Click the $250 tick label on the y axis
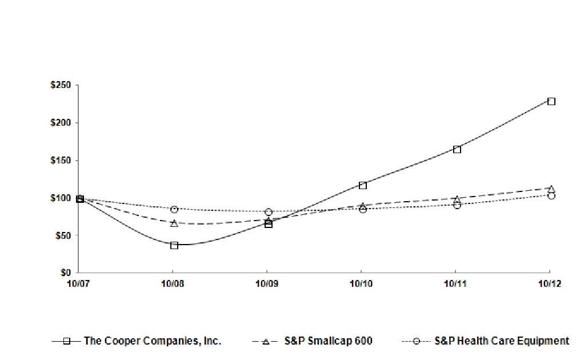tap(60, 86)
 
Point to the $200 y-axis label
tap(60, 123)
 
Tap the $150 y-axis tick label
tap(60, 161)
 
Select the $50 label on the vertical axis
tap(62, 235)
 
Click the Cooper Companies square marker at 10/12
tap(551, 101)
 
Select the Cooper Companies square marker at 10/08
tap(174, 245)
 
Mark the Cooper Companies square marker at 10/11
tap(457, 149)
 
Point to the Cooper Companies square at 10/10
tap(363, 185)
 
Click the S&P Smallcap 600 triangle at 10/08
tap(174, 223)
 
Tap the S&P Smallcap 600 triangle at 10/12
tap(551, 188)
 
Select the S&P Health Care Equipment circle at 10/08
tap(174, 209)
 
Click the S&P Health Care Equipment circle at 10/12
tap(551, 195)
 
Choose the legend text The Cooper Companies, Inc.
tap(153, 341)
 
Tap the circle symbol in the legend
tap(417, 341)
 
